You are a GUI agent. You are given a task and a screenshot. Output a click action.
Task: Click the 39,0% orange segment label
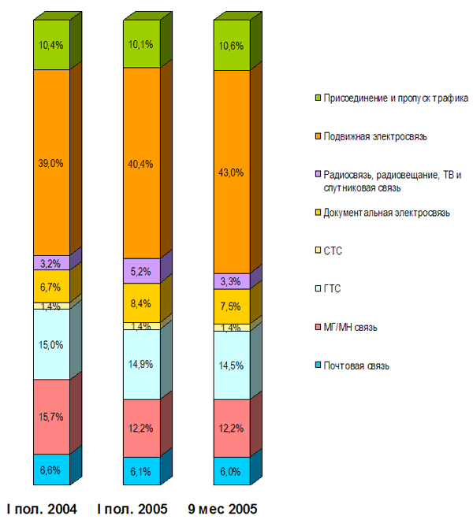(50, 163)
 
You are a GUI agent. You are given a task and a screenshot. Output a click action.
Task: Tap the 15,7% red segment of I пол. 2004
(50, 416)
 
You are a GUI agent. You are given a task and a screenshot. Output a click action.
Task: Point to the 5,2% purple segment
(141, 271)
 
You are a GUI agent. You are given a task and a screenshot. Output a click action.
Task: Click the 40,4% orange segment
(141, 164)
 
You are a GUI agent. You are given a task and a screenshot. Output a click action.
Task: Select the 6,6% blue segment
(50, 470)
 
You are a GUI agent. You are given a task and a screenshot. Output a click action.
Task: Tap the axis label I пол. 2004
(43, 509)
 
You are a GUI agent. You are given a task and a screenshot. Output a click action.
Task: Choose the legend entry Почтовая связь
(356, 365)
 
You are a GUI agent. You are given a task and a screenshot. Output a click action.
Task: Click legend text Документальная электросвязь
(386, 213)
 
